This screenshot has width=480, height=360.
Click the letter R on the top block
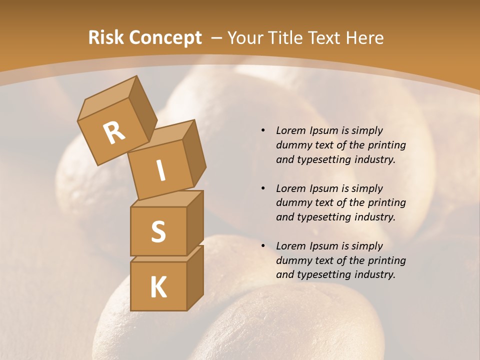[114, 133]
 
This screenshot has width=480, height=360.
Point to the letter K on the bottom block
[158, 287]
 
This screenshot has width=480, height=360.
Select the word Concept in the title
[165, 38]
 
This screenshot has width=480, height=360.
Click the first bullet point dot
[263, 130]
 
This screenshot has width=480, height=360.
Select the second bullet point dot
[263, 188]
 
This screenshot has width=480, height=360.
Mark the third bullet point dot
[263, 246]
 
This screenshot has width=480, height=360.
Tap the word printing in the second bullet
[387, 203]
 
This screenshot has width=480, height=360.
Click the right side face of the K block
[195, 277]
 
